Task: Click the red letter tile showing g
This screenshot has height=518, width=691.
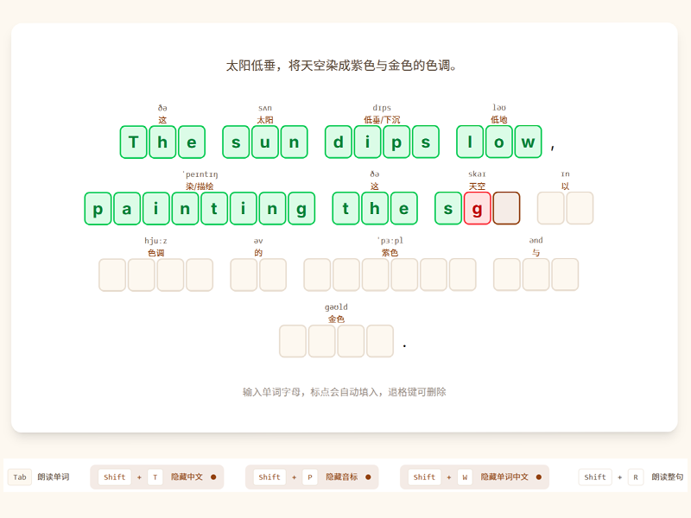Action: click(477, 208)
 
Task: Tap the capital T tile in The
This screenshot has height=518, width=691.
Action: click(134, 142)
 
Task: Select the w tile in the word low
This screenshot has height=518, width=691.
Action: click(528, 142)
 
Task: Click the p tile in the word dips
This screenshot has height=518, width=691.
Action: click(396, 142)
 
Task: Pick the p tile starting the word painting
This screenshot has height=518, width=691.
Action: click(98, 208)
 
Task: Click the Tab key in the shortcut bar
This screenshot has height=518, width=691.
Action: click(20, 477)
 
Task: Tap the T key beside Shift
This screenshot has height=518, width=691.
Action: click(155, 477)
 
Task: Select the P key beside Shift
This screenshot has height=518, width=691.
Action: click(310, 477)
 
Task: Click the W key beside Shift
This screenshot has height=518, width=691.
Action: click(465, 477)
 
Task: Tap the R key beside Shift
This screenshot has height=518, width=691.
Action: click(636, 477)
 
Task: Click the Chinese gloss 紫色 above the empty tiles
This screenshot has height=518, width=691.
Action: click(390, 253)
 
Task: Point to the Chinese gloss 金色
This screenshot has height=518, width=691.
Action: click(336, 319)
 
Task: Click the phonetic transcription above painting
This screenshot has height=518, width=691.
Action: click(200, 174)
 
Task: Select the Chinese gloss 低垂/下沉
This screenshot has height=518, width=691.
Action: click(382, 120)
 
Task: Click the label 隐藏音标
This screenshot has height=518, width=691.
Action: click(342, 477)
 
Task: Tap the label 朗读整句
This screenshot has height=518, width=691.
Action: click(667, 477)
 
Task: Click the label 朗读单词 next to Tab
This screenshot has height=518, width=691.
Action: click(53, 477)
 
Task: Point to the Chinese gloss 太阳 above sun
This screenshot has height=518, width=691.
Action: click(265, 120)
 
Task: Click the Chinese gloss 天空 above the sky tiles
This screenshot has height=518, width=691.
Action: click(477, 186)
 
